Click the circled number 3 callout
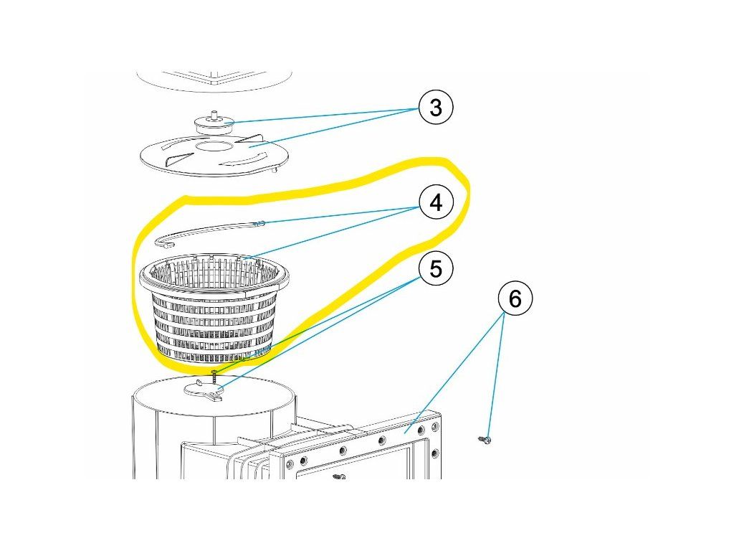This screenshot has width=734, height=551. [436, 108]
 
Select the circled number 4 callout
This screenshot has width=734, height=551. [436, 204]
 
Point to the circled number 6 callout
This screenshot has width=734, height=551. [515, 298]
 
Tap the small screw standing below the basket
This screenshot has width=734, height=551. [214, 375]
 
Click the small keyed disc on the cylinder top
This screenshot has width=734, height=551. [205, 389]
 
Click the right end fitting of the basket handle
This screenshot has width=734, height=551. [261, 223]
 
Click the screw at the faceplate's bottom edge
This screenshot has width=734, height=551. [338, 476]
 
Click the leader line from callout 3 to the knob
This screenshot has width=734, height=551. [323, 115]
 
